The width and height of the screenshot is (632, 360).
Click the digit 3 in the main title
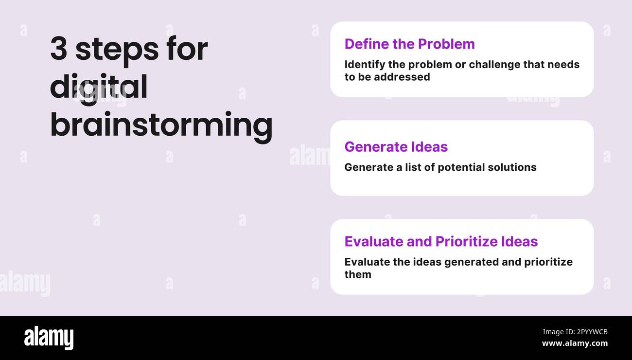[59, 49]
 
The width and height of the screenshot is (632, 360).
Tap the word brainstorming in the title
[161, 126]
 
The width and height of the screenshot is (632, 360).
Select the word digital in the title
[99, 88]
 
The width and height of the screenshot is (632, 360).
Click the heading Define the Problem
[409, 44]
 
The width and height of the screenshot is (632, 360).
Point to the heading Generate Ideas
[396, 146]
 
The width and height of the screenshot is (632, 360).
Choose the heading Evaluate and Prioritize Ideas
[441, 241]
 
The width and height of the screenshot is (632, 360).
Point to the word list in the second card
[413, 167]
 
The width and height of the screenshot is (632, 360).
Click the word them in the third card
[358, 274]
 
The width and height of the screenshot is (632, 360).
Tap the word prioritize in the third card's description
[548, 262]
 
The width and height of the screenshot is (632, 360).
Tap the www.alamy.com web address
[575, 343]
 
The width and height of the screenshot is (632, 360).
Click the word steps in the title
[117, 50]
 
